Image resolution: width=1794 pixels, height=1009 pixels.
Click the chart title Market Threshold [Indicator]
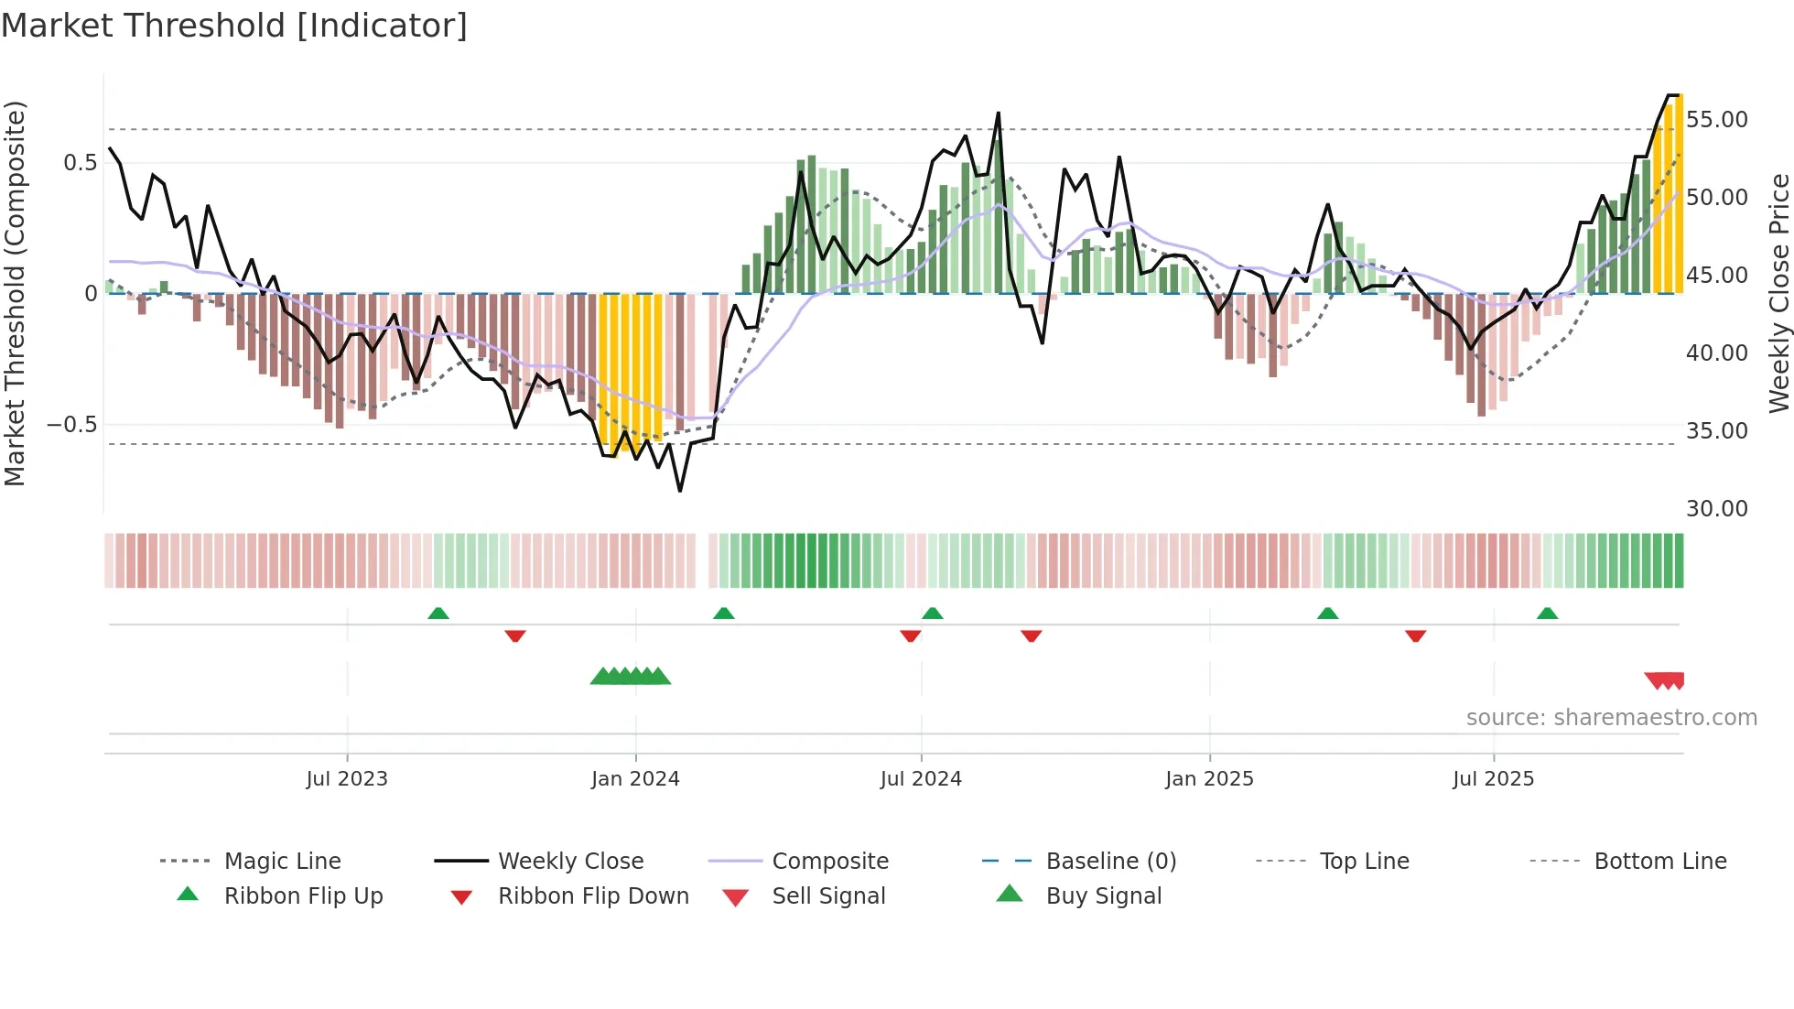tap(234, 26)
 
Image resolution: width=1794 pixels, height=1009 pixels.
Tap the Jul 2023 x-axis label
tap(347, 779)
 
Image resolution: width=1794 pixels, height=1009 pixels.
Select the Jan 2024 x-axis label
tap(635, 779)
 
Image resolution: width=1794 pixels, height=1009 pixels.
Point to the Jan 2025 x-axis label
tap(1209, 779)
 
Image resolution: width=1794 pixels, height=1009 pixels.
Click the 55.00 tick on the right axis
tap(1716, 120)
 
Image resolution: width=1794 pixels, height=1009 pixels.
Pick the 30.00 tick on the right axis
tap(1716, 509)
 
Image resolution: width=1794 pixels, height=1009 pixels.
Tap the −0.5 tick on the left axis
tap(71, 425)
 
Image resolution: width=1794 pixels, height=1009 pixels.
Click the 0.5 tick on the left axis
tap(80, 163)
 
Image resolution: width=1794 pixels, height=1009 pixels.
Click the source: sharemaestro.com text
tap(1611, 718)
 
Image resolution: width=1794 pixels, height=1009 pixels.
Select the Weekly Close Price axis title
tap(1778, 293)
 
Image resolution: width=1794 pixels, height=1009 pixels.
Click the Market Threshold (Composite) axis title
tap(15, 293)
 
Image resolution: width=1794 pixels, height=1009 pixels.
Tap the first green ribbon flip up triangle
tap(438, 613)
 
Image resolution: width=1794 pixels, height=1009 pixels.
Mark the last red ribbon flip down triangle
tap(1415, 635)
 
